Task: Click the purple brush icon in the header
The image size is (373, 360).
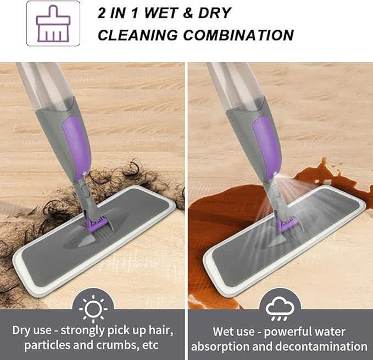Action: coord(53,24)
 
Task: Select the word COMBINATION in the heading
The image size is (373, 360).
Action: coord(238,35)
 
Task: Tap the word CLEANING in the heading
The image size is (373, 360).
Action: coord(137,35)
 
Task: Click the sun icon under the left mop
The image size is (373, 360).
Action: coord(93,309)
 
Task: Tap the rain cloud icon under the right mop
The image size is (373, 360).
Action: coord(280,308)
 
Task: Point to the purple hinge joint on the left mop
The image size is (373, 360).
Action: coord(94,224)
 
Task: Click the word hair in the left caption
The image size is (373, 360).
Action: coord(161,330)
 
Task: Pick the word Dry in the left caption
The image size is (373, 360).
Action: coord(21,330)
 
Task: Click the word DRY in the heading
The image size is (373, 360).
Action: coord(214,13)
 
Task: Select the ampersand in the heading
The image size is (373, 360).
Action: coord(188,13)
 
